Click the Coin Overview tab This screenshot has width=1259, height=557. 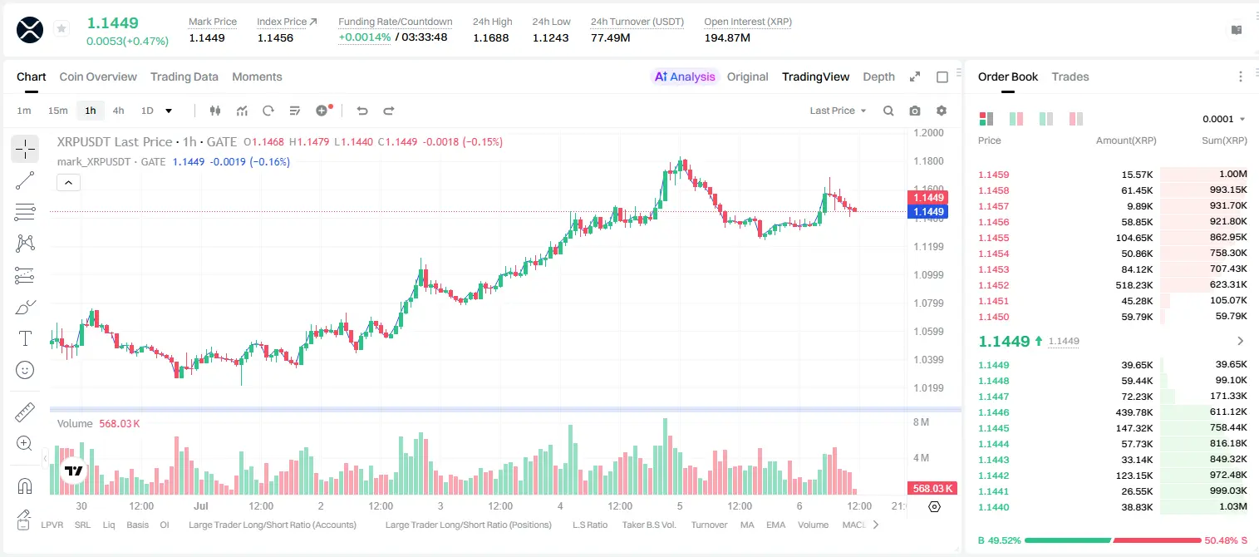click(98, 76)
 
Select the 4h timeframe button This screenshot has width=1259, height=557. click(118, 111)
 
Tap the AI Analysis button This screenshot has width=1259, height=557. click(685, 76)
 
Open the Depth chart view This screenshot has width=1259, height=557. click(878, 76)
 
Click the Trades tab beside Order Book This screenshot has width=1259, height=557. click(1070, 76)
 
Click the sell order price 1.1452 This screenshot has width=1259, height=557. click(994, 285)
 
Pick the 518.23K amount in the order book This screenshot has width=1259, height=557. click(1134, 285)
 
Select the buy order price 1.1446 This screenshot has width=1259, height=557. click(994, 412)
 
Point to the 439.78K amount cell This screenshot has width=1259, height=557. click(1134, 412)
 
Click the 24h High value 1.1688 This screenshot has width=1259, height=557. click(490, 37)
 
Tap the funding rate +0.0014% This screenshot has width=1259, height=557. click(364, 37)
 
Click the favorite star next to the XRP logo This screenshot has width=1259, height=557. click(61, 28)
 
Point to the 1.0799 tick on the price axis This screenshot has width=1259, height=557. click(928, 303)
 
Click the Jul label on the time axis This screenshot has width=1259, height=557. click(200, 505)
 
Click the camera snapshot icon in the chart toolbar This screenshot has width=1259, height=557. click(914, 111)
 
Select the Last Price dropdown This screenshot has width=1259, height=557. click(838, 111)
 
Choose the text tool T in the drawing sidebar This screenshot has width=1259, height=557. click(25, 338)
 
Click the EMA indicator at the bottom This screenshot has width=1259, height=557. click(775, 525)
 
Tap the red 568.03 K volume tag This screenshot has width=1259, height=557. click(932, 489)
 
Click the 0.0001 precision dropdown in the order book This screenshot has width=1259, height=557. click(1223, 119)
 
